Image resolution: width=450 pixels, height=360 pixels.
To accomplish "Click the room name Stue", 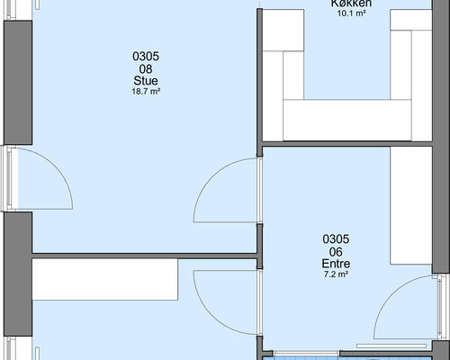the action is coord(146,81).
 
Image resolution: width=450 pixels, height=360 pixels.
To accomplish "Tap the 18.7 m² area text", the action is coord(146,92).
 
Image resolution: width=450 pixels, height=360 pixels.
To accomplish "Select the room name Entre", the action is coord(336,264).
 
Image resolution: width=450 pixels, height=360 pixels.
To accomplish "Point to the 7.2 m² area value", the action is coord(336,274).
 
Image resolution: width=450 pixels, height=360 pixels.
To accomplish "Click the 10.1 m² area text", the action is coord(352,13).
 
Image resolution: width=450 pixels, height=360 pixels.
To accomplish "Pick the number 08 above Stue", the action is coord(146,69).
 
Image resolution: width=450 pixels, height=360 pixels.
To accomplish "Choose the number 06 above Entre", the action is coord(336,252).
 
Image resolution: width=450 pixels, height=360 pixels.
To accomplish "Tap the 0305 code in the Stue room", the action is coord(146,57).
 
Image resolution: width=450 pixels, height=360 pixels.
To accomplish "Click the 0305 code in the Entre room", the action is coord(336,239).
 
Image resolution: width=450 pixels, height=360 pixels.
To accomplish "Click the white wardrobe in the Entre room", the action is coord(411,205).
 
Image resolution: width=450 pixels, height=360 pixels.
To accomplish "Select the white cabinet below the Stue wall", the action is coord(105,279).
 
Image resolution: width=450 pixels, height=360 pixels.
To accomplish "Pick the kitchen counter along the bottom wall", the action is coord(347,120).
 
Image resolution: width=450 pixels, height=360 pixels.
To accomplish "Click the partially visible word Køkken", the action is coord(351,4).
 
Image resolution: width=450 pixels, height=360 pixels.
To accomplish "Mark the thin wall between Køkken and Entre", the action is coord(347,144).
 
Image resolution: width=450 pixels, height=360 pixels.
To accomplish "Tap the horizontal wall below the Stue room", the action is coord(144,256).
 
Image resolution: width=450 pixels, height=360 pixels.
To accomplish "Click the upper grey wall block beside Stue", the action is coord(18,83).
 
